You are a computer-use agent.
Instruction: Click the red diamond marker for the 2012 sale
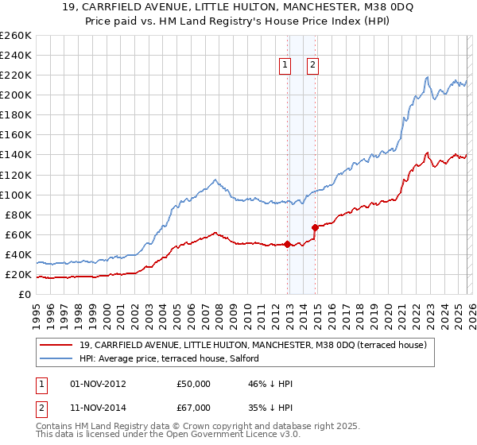coord(287,245)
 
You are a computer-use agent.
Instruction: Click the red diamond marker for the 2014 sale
coord(316,227)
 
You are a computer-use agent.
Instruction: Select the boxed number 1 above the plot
coord(285,66)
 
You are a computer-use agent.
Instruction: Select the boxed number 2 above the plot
coord(313,66)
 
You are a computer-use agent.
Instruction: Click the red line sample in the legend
coord(56,345)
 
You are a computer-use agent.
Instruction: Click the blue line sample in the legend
coord(56,358)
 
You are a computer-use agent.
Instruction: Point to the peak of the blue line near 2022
coord(427,77)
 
